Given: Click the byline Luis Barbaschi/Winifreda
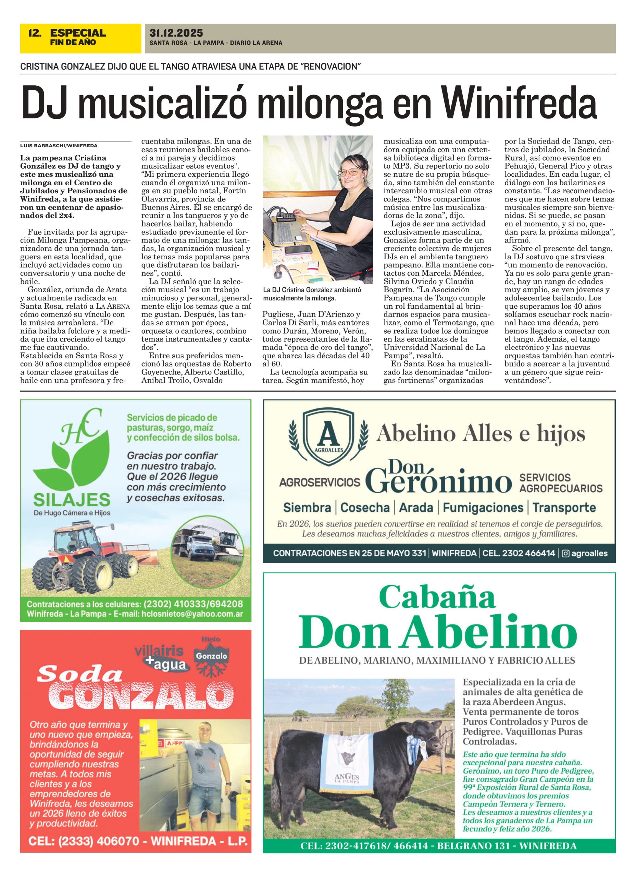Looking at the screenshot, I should point(59,146).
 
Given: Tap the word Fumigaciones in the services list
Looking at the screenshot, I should point(483,507).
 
